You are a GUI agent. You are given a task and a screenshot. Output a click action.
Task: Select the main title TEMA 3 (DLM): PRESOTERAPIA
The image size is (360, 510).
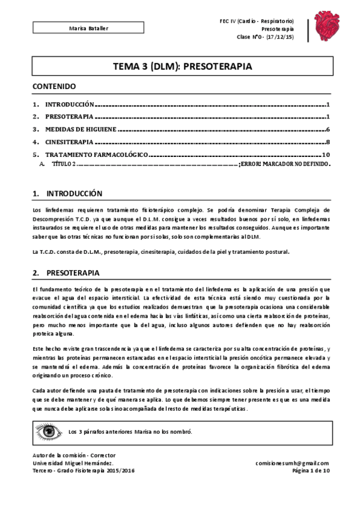[179, 67]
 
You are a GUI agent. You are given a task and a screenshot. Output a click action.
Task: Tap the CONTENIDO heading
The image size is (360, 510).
[54, 87]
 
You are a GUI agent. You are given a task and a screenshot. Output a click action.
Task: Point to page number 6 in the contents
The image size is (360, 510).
[327, 129]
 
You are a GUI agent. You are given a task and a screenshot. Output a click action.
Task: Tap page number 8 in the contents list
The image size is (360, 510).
[327, 143]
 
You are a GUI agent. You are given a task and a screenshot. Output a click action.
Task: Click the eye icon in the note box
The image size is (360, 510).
[49, 432]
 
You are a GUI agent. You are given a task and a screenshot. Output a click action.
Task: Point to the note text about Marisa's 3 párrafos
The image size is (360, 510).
[130, 432]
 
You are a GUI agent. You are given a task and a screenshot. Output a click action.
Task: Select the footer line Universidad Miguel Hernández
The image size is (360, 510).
[73, 463]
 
